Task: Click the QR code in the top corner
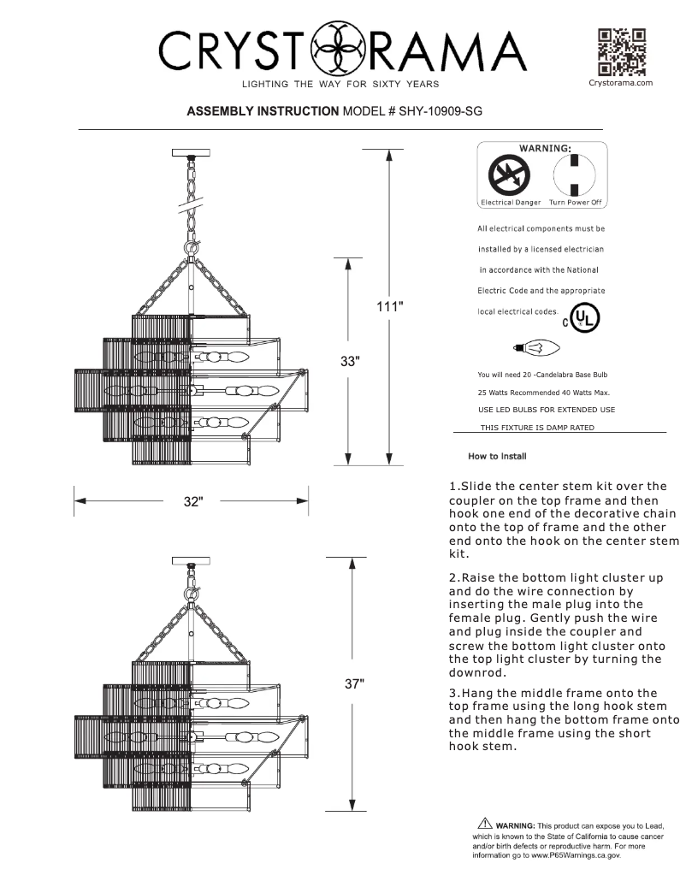[622, 52]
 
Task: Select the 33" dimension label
[347, 360]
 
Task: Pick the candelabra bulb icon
[535, 347]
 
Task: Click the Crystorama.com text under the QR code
[622, 83]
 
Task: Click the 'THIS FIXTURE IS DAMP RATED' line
[537, 426]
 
